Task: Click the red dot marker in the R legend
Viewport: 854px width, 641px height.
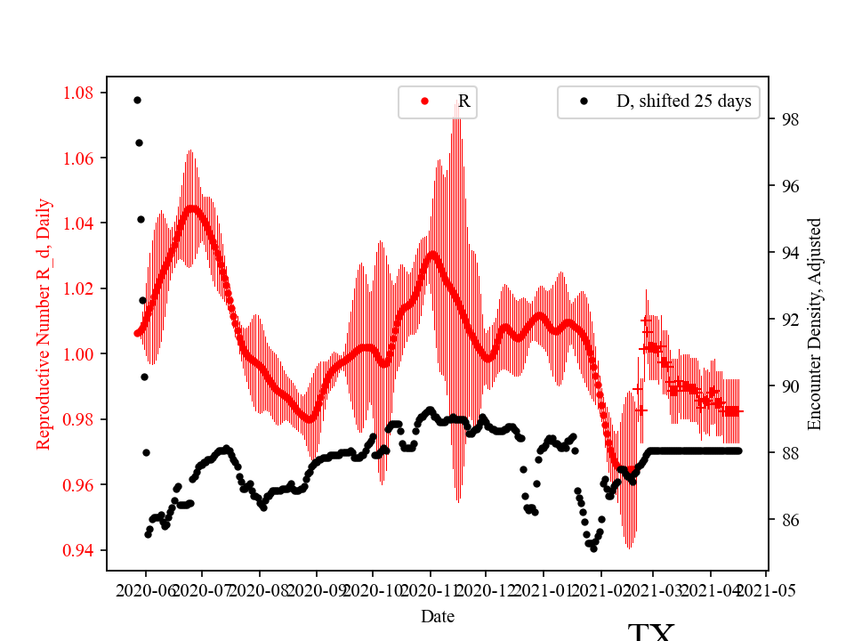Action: pyautogui.click(x=424, y=101)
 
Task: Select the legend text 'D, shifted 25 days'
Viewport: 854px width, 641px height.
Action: pyautogui.click(x=683, y=101)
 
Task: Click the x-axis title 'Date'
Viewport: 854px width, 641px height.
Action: pyautogui.click(x=439, y=615)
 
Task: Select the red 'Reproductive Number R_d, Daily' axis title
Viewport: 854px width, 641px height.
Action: pyautogui.click(x=44, y=323)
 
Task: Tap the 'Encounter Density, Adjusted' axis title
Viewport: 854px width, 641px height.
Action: pyautogui.click(x=815, y=323)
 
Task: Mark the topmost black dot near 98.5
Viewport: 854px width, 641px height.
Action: pyautogui.click(x=137, y=100)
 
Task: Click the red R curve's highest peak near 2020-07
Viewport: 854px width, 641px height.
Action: pyautogui.click(x=191, y=208)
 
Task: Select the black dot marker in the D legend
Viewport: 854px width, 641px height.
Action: pyautogui.click(x=584, y=101)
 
